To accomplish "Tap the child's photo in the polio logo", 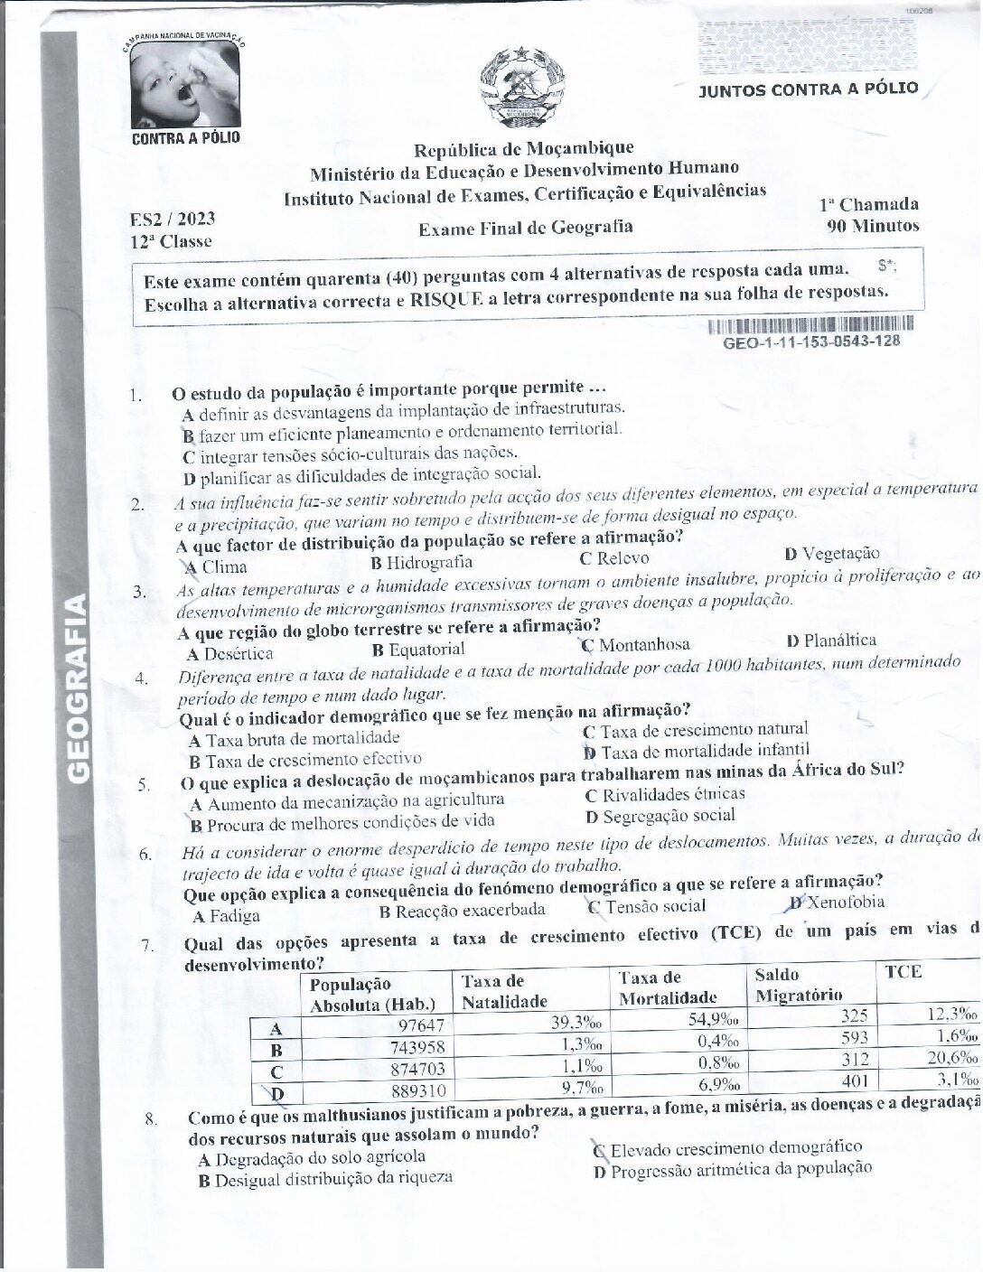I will pyautogui.click(x=185, y=85).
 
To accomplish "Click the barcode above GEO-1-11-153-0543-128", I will pyautogui.click(x=810, y=323).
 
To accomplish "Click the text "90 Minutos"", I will pyautogui.click(x=873, y=226).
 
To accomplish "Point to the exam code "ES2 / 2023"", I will pyautogui.click(x=173, y=219).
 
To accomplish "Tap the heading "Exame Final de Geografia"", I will pyautogui.click(x=525, y=228).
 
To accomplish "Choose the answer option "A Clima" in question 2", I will pyautogui.click(x=216, y=567).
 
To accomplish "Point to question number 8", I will pyautogui.click(x=151, y=1118).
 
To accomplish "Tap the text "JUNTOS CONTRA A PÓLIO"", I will pyautogui.click(x=809, y=89).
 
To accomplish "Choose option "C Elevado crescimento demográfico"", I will pyautogui.click(x=728, y=1149).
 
